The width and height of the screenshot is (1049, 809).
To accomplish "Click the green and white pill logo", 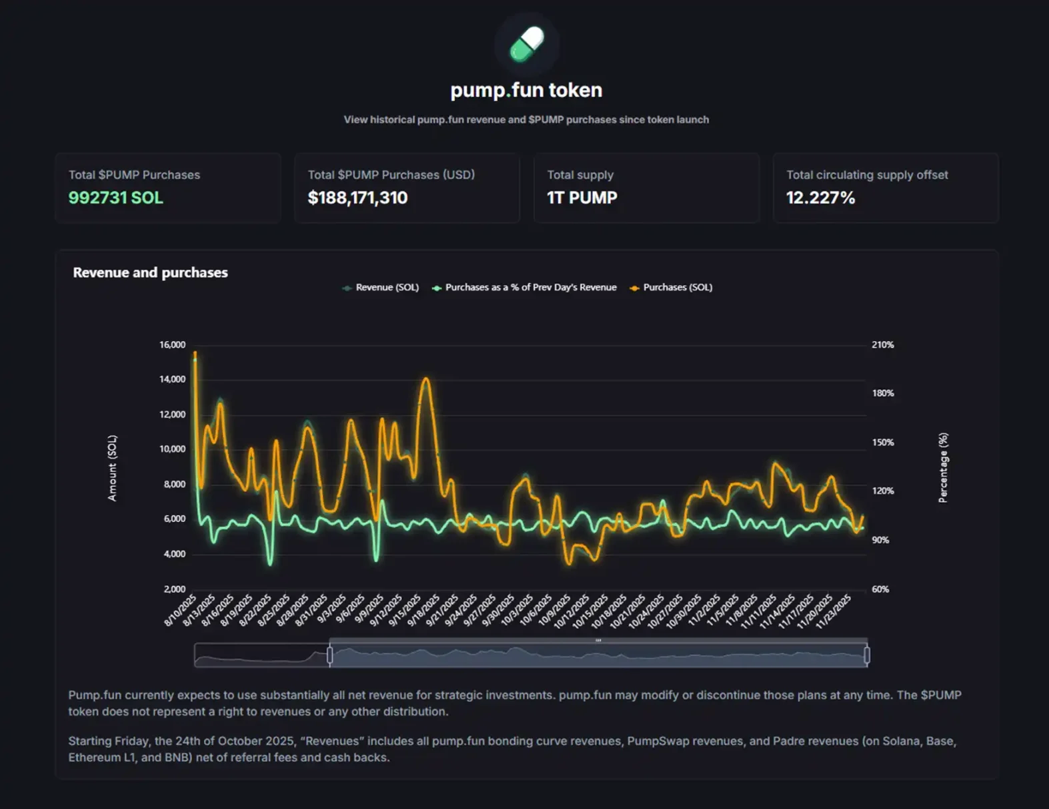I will [527, 44].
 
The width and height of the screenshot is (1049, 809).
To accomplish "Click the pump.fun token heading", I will [526, 90].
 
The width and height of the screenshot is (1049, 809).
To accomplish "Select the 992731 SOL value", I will [115, 198].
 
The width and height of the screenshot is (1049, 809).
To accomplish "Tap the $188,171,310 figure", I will [357, 198].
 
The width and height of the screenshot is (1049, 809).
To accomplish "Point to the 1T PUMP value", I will [582, 198].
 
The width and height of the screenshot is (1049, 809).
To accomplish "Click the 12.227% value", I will [820, 198].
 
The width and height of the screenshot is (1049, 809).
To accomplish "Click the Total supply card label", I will [580, 175].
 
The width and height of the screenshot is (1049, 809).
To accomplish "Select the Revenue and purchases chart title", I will [150, 272].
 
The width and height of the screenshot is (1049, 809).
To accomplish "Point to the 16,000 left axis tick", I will [172, 345].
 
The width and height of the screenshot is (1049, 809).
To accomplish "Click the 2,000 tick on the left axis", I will [175, 589].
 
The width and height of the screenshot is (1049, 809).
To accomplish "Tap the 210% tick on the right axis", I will [882, 345].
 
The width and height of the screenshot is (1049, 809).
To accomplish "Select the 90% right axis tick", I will [880, 540].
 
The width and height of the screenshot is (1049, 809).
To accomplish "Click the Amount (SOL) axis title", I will [112, 468].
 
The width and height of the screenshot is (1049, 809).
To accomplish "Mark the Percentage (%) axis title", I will [943, 468].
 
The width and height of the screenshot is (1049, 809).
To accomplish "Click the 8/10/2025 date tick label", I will [180, 610].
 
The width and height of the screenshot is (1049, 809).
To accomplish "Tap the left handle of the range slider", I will [329, 655].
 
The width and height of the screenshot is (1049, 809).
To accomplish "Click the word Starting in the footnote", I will [89, 741].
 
